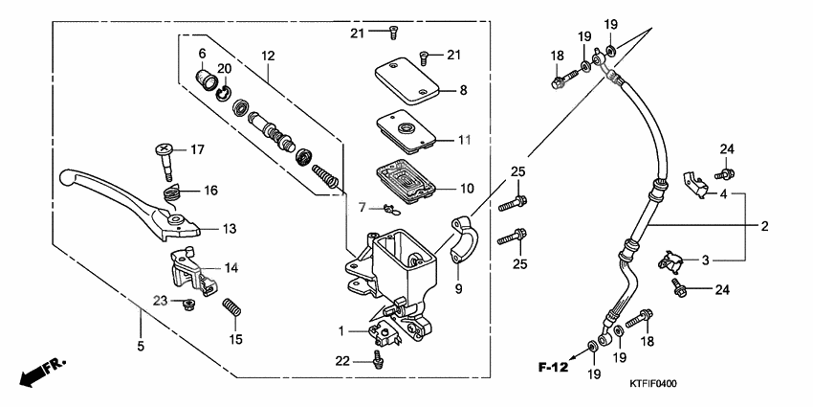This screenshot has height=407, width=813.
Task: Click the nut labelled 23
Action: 188,305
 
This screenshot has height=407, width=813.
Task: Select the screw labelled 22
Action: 379,360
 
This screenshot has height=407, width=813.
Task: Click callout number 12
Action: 268,57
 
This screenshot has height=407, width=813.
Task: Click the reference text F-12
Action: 552,367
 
